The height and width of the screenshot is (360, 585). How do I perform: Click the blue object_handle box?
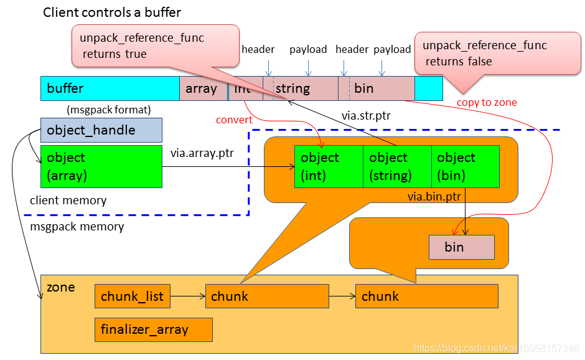point(101,130)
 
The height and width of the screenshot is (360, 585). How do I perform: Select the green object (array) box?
point(101,166)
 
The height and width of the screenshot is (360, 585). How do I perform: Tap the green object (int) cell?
point(329,166)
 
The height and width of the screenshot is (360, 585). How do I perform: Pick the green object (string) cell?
point(397,166)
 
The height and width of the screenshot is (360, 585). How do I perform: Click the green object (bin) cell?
point(465,166)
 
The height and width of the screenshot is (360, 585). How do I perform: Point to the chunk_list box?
point(133,296)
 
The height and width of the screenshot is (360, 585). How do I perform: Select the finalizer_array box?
point(153,329)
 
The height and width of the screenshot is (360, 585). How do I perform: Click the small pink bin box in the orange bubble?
point(461,247)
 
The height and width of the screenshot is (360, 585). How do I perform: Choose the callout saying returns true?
point(156,45)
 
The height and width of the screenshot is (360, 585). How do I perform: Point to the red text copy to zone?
point(487,102)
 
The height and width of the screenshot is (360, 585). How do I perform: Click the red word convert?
point(234,120)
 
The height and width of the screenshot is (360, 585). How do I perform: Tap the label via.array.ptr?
point(202,153)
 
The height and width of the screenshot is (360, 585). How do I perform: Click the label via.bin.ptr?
point(434,197)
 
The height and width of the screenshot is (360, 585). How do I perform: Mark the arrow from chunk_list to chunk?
point(187,296)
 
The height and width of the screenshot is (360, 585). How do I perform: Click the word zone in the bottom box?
point(61,287)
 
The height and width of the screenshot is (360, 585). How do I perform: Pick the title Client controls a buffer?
point(112,12)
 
